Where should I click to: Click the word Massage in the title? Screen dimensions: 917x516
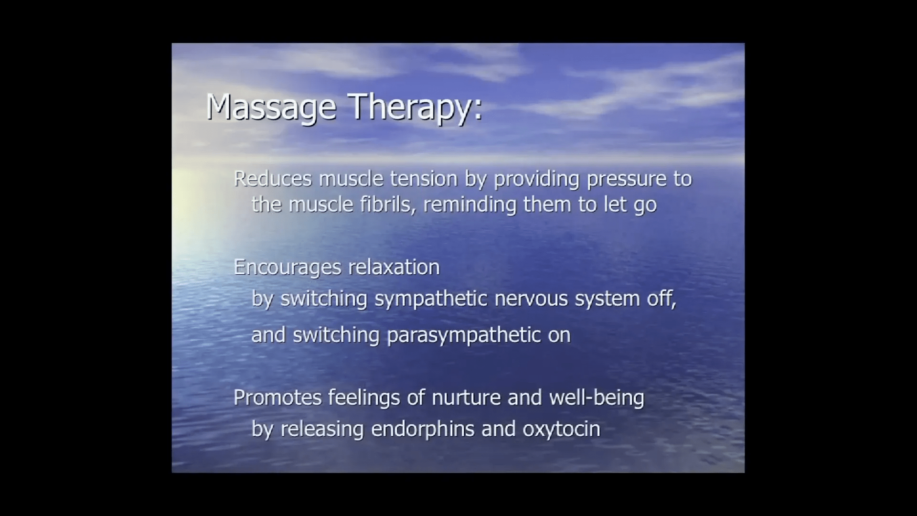271,108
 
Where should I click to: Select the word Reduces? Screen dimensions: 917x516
273,179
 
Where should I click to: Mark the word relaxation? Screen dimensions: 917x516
394,267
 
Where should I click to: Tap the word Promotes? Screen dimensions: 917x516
277,398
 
